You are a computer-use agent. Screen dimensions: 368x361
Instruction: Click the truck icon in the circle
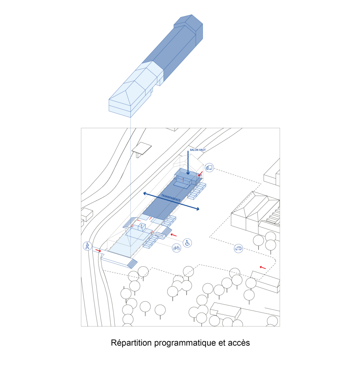point(209,168)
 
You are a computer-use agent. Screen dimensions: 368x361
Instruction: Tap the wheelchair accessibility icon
point(187,243)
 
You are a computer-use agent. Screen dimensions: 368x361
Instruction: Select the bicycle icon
point(176,248)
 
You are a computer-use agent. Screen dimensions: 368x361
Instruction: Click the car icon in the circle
point(238,248)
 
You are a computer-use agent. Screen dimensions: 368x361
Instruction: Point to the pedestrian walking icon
point(87,246)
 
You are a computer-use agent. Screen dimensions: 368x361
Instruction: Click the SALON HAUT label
point(198,150)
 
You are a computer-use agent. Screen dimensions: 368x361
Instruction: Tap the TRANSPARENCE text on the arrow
point(171,198)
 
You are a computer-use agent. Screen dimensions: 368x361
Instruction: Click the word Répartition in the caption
point(131,342)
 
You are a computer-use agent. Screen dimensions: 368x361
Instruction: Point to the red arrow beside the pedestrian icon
point(98,250)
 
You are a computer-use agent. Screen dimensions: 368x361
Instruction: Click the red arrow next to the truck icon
point(201,174)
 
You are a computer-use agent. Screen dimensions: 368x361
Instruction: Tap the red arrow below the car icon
point(263,267)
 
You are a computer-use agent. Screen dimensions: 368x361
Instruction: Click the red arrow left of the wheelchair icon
point(174,235)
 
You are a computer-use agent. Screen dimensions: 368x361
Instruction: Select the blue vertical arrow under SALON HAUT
point(188,163)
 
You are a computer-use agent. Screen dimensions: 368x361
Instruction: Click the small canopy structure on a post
point(142,148)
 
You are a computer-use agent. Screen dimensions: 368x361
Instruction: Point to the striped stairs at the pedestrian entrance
point(132,263)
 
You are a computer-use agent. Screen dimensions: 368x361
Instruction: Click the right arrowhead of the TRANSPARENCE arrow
point(197,209)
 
